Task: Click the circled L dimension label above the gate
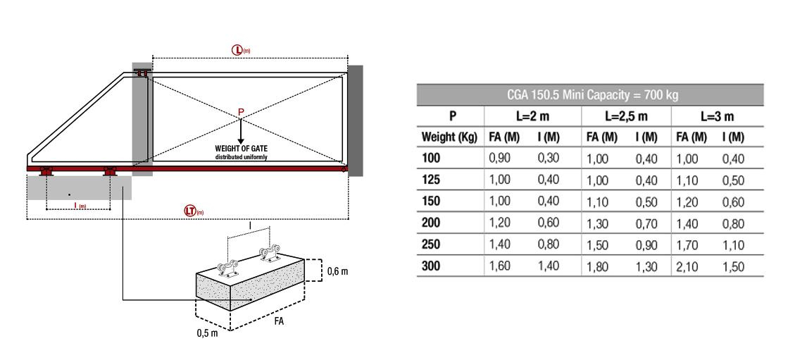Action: [241, 50]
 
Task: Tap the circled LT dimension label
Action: [194, 211]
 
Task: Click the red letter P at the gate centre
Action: [241, 112]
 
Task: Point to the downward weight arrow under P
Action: [241, 130]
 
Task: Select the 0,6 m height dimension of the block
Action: [338, 271]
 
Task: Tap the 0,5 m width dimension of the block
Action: [207, 333]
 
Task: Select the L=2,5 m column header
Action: [627, 116]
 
